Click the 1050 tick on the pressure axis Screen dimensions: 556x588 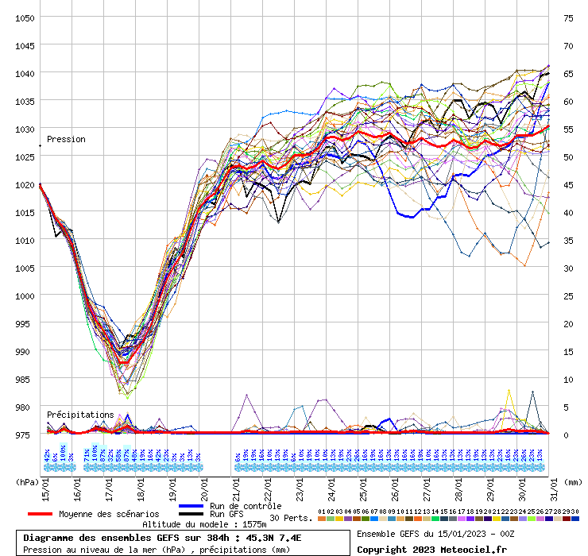click(x=24, y=17)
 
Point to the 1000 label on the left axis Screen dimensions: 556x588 click(x=24, y=295)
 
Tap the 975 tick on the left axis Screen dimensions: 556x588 click(x=24, y=434)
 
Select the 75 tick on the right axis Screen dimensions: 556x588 click(x=569, y=17)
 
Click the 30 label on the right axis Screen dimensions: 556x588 click(x=569, y=268)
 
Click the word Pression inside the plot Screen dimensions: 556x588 click(x=66, y=139)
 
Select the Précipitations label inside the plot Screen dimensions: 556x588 click(x=80, y=415)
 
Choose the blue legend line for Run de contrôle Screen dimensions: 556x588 click(x=191, y=506)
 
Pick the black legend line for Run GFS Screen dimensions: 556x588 click(x=191, y=514)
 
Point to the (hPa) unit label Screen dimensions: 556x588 click(x=29, y=481)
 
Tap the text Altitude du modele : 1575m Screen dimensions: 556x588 click(x=204, y=524)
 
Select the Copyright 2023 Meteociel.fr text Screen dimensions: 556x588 click(x=431, y=549)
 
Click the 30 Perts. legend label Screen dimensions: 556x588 click(x=291, y=518)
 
